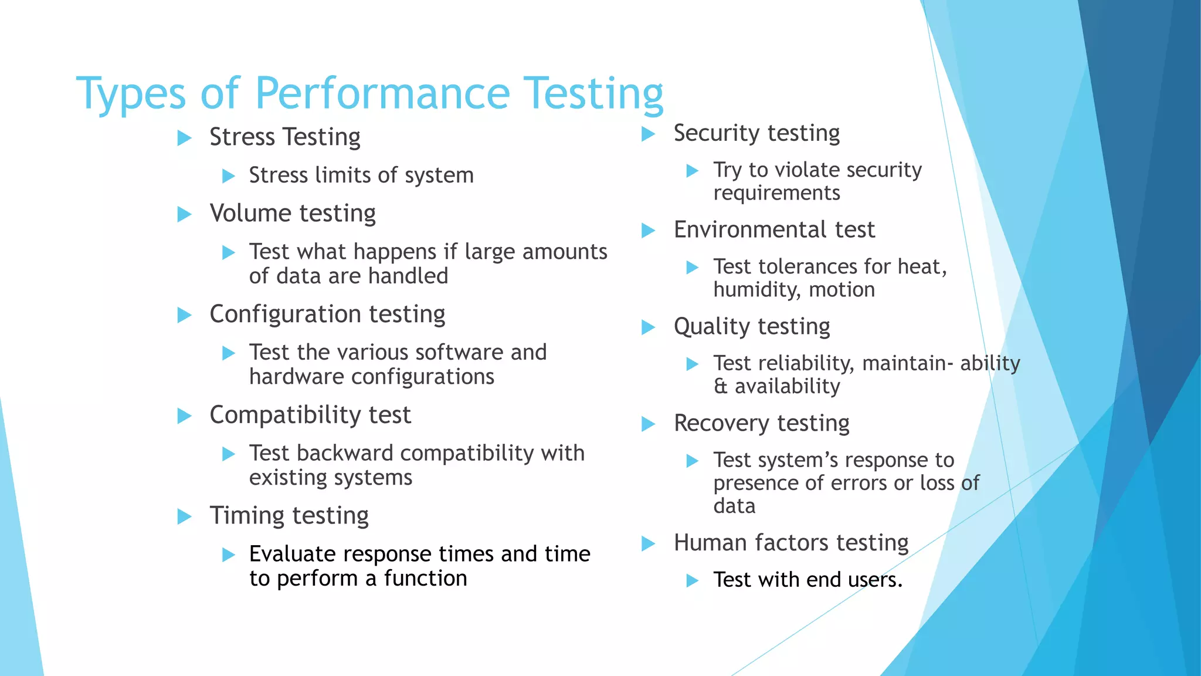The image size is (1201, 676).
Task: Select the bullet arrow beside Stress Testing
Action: pos(185,138)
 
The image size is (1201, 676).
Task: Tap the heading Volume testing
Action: pos(293,214)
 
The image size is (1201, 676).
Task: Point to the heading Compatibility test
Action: pos(310,415)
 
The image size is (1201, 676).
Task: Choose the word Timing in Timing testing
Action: pos(247,516)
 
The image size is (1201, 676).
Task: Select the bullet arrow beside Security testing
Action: pos(648,134)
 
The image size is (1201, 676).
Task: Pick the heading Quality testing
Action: pos(752,327)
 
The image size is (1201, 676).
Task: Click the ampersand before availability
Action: pos(720,387)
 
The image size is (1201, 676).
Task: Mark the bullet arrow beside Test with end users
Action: pos(693,581)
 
